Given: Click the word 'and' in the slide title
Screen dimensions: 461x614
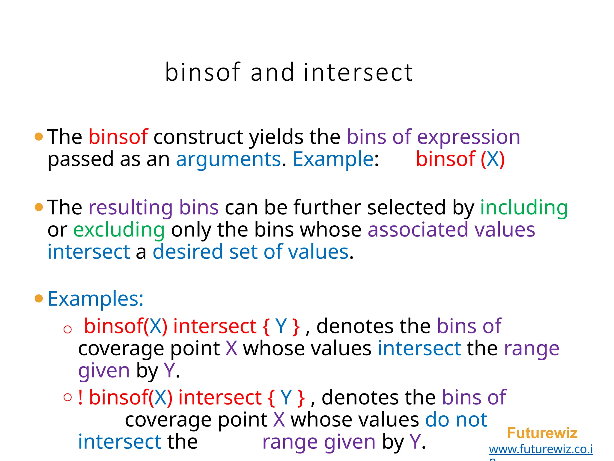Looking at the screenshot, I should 272,73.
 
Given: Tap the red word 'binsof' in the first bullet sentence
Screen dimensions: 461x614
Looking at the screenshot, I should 118,137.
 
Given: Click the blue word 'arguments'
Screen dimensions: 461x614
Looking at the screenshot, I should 228,159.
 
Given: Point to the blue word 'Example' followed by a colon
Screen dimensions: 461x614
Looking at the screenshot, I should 333,159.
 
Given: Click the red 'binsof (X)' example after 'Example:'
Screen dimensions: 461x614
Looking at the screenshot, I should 460,159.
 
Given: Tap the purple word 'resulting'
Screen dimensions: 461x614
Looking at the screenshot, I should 130,207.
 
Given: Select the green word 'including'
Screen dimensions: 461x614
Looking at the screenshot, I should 524,208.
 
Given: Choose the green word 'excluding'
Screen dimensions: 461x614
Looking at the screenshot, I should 119,230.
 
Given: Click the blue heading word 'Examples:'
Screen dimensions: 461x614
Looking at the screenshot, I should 96,299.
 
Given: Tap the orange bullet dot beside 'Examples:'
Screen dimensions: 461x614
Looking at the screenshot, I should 39,298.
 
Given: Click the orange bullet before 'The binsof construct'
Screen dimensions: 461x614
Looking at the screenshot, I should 39,137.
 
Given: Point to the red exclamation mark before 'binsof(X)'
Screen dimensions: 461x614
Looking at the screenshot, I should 80,397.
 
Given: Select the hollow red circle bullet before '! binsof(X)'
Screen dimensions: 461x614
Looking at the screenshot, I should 68,397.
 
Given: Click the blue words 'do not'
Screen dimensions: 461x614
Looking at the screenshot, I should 456,420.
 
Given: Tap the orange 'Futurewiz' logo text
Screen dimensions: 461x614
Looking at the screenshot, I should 542,433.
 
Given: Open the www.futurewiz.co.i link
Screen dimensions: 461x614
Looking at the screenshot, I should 541,449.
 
